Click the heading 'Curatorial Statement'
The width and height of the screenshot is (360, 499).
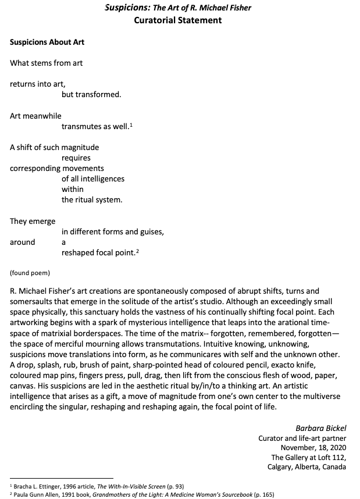(x=177, y=20)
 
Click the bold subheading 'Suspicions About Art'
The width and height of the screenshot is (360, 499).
(x=47, y=42)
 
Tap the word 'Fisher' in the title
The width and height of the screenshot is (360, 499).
(x=239, y=8)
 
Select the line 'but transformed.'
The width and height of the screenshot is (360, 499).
(x=91, y=94)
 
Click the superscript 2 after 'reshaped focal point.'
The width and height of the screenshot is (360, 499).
(x=138, y=251)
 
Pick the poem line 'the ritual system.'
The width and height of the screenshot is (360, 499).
(x=92, y=199)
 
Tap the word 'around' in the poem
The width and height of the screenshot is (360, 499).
(x=22, y=242)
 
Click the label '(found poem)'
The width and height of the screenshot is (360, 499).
(x=30, y=272)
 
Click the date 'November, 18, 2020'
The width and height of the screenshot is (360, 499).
(x=313, y=447)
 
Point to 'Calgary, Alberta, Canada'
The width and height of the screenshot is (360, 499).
(x=306, y=466)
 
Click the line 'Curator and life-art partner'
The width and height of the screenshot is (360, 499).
(x=302, y=438)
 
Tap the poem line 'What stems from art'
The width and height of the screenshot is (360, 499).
(x=47, y=63)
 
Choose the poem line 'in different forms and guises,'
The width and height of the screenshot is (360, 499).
(x=113, y=231)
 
